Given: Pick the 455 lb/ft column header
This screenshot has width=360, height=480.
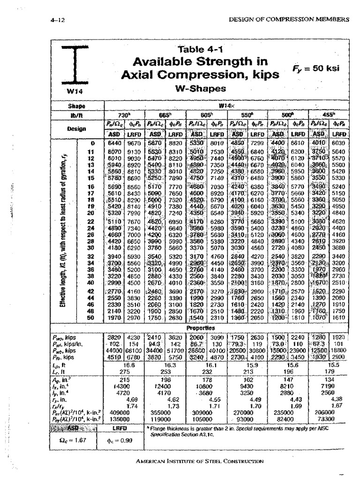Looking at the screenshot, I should [x=328, y=115].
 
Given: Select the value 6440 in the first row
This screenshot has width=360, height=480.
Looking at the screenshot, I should [x=115, y=143].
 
